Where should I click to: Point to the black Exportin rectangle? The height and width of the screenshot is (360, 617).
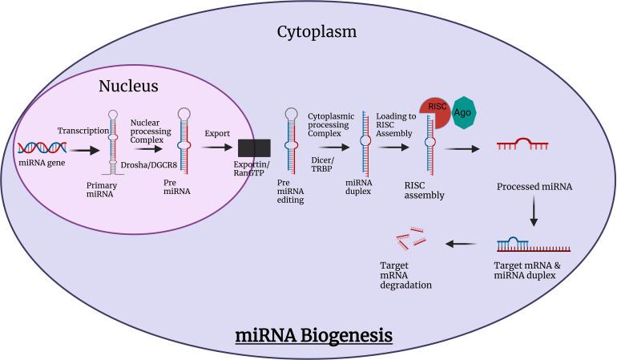click(x=254, y=148)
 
